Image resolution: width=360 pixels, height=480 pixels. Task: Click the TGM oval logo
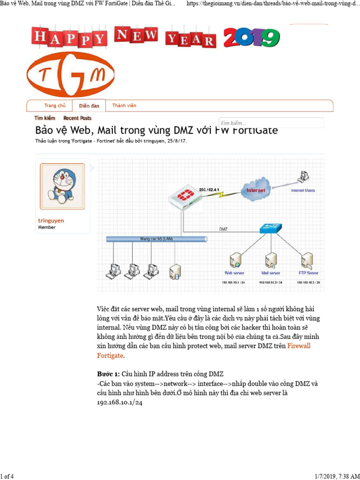point(71,75)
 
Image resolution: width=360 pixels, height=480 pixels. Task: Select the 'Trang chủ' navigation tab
point(55,106)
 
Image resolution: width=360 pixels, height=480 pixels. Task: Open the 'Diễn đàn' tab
point(89,106)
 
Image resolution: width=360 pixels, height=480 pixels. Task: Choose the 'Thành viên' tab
point(124,106)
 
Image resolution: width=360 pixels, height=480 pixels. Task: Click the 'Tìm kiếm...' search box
point(271,123)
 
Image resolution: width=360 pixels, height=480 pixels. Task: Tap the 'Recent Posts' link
point(77,118)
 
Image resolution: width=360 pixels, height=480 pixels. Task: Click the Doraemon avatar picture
point(62,186)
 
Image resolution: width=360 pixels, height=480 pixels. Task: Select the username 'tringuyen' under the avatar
point(51,220)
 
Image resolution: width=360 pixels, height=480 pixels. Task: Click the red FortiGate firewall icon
point(184,197)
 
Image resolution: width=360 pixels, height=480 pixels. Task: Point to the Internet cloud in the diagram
point(255,190)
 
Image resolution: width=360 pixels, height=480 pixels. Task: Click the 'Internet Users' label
point(303,191)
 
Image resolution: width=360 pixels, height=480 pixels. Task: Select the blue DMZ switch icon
point(270,229)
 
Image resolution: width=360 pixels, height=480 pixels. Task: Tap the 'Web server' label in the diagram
point(234,272)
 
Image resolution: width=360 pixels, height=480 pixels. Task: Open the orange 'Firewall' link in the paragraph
point(299,346)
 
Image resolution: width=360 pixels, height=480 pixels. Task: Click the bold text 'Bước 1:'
point(108,374)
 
